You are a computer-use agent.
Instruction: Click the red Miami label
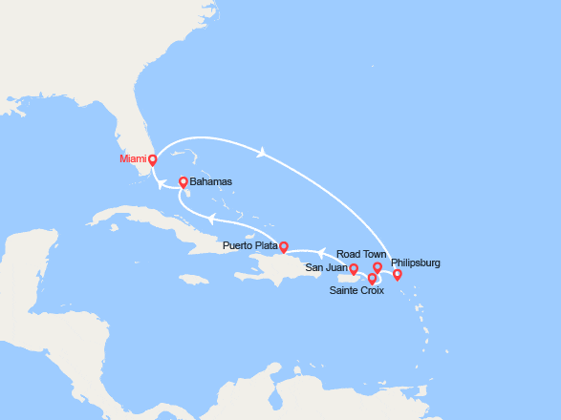[133, 159]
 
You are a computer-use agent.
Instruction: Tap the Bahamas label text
[211, 180]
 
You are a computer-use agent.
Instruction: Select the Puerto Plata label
[249, 245]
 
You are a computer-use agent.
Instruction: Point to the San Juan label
[326, 268]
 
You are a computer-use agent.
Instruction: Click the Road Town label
[360, 255]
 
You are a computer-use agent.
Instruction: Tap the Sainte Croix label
[356, 290]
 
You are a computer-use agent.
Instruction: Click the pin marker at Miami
[152, 160]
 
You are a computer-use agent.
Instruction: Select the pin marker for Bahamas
[183, 179]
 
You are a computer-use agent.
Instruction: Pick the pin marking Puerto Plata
[283, 246]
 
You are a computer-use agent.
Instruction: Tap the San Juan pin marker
[354, 268]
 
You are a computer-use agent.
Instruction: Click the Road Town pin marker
[377, 267]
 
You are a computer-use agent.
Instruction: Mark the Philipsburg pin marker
[398, 275]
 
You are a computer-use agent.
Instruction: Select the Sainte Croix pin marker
[372, 278]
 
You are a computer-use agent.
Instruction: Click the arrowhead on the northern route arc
[260, 152]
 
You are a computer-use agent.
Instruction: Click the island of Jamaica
[193, 279]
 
